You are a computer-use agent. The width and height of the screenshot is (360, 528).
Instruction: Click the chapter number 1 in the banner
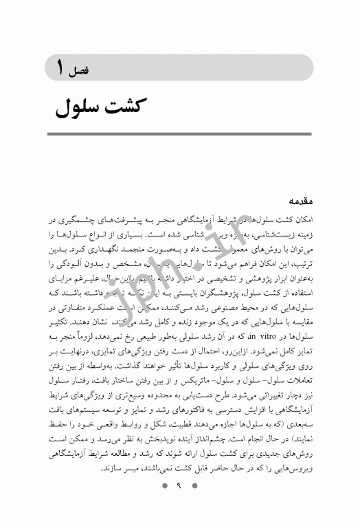tap(62, 68)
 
